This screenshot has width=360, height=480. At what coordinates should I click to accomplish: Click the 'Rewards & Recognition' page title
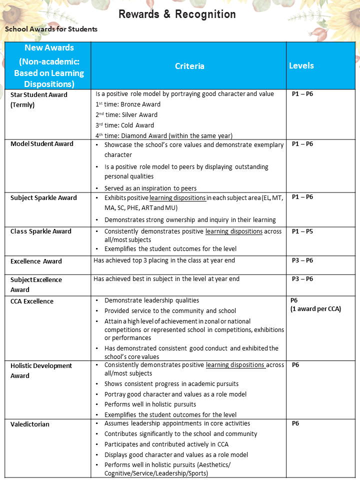coord(177,14)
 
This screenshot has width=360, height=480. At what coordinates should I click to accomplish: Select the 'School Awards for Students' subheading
coord(51,29)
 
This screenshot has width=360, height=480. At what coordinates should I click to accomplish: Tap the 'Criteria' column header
coord(189,66)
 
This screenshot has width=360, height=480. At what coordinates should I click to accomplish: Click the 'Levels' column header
coord(301,65)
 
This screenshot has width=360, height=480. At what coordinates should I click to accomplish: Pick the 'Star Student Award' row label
coord(39,94)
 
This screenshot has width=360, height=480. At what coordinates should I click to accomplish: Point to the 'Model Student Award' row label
coord(42,144)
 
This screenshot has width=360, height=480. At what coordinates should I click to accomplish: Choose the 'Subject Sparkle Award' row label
coord(44,198)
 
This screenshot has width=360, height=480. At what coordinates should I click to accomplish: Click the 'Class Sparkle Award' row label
coord(41,231)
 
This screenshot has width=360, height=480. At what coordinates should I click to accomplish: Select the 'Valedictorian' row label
coord(30,424)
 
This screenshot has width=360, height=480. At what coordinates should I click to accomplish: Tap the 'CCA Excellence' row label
coord(32,301)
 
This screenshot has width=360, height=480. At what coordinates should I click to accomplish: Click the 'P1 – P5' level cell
coord(302,231)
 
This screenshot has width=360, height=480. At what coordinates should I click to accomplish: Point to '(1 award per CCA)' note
coord(315,309)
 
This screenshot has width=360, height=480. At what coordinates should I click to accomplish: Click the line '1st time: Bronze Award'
coord(128,104)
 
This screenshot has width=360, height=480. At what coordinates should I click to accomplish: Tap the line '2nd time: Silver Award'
coord(126,115)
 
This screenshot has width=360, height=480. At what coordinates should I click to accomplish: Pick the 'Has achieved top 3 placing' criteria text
coord(164,260)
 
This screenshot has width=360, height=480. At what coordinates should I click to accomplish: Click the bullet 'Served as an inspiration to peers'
coord(150,188)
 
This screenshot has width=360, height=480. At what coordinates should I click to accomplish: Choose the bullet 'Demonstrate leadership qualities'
coord(151,300)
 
